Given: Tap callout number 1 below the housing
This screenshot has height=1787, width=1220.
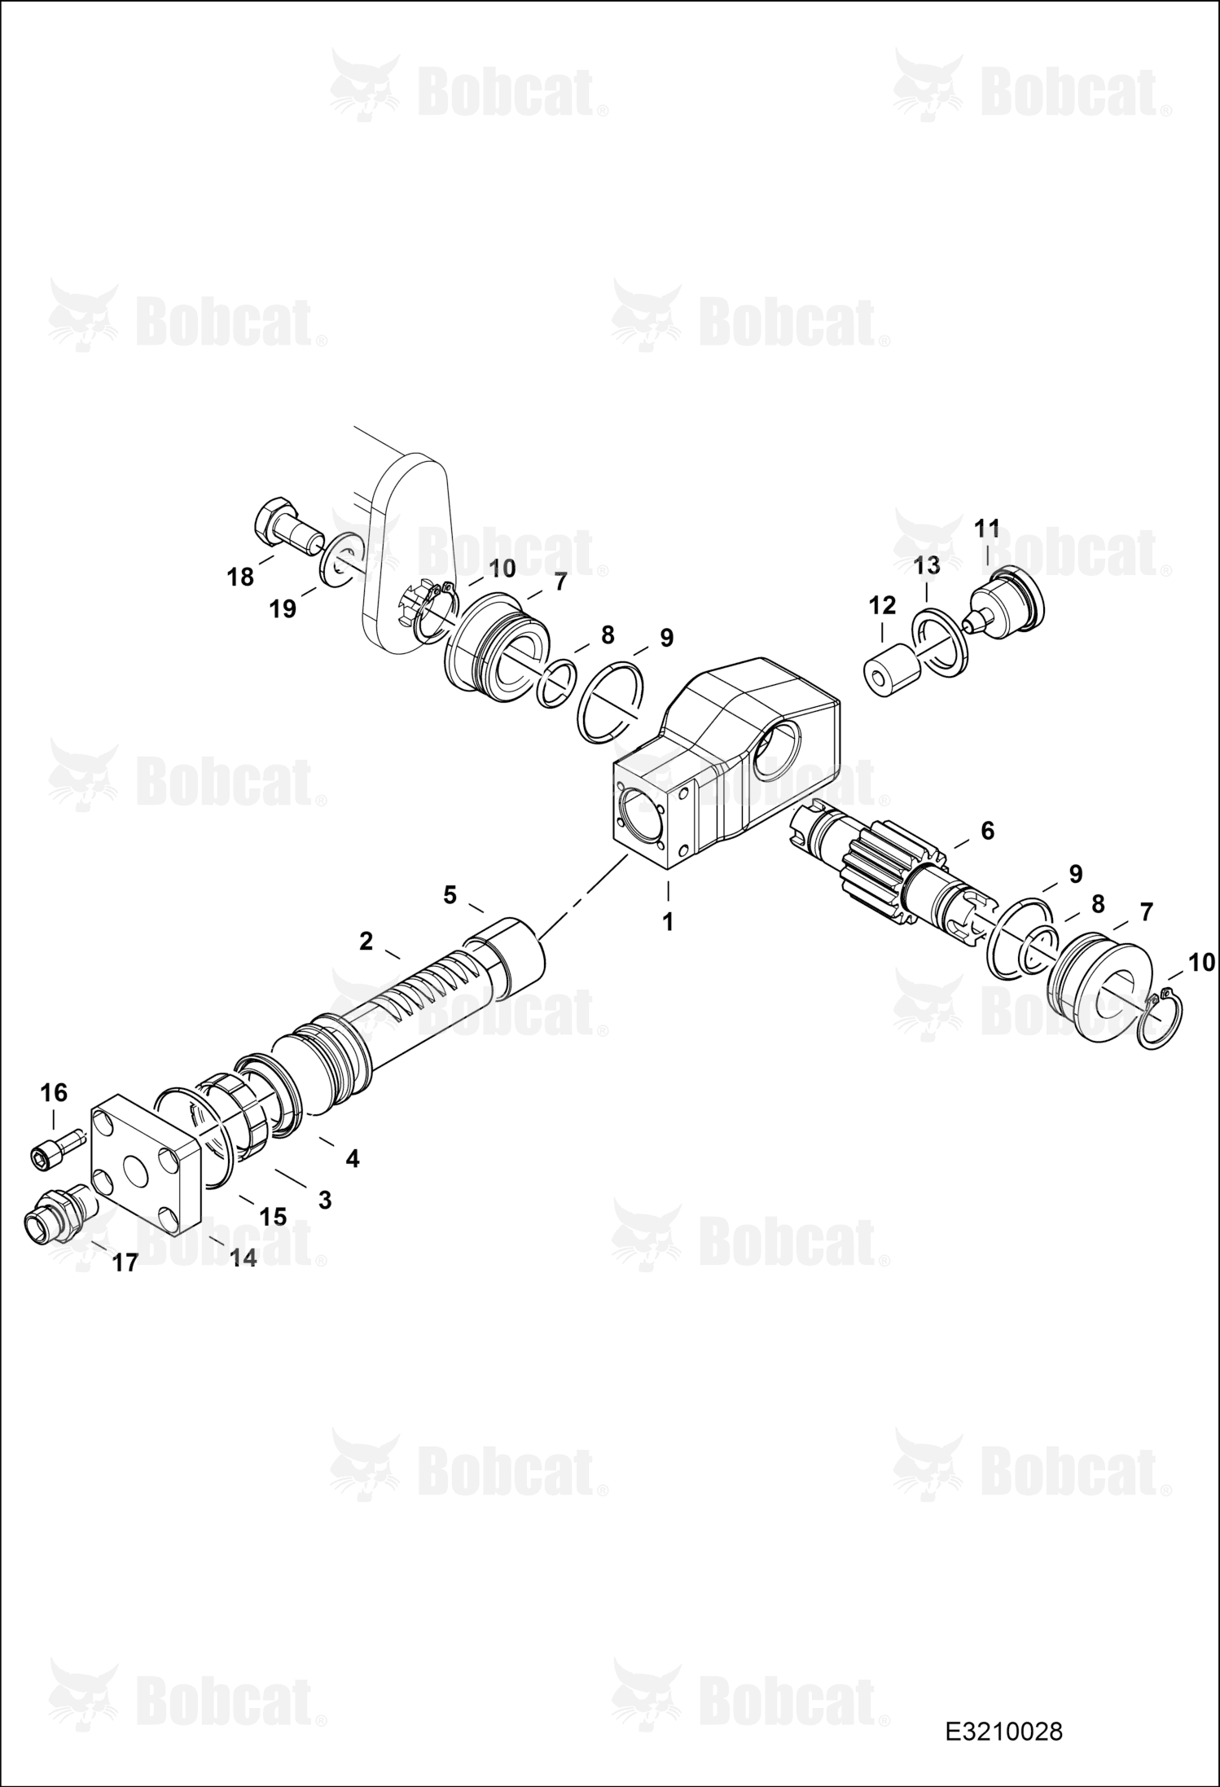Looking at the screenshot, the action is pos(668,924).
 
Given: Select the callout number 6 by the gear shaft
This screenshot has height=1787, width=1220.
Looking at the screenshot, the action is pos(987,831).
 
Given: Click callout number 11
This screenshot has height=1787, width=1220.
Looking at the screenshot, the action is pos(987,529).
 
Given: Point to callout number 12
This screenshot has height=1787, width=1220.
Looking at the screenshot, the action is pos(882,604).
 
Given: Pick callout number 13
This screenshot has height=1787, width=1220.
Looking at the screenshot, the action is pos(927,564).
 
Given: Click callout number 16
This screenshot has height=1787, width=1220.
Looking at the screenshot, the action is pos(54,1092).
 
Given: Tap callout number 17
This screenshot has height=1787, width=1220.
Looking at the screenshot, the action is pos(125,1262).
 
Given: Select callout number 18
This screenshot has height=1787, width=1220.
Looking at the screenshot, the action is pos(240,577).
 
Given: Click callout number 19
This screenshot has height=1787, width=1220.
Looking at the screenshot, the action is pos(283,609).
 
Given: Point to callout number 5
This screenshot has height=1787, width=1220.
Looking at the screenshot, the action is pos(450,895).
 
